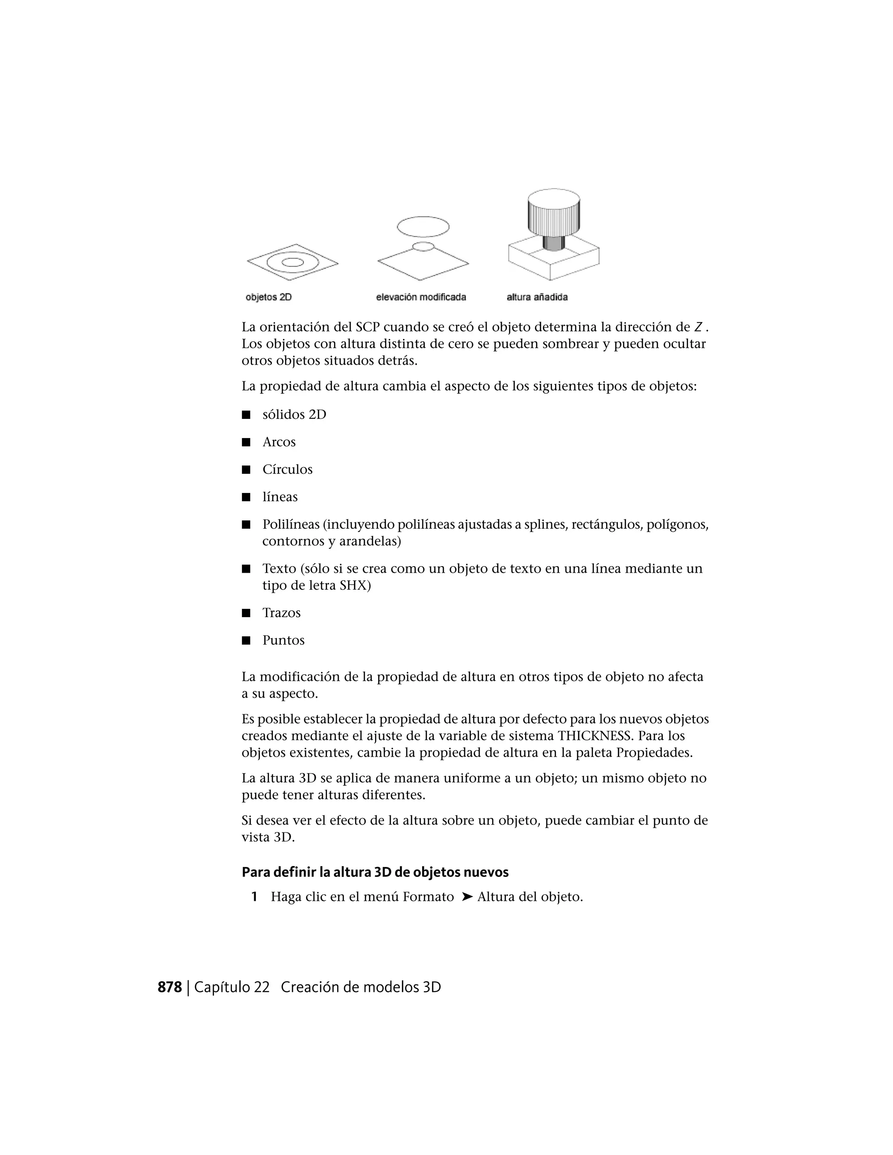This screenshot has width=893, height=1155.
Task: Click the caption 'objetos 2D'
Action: [x=268, y=297]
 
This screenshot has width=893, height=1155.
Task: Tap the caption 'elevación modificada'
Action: [x=421, y=297]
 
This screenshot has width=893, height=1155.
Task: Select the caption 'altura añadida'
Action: [x=537, y=297]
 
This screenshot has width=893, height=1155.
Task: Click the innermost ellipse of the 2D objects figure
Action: [x=293, y=262]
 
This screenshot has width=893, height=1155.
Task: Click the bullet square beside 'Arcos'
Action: [x=246, y=442]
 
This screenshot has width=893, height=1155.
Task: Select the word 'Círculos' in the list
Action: [x=287, y=469]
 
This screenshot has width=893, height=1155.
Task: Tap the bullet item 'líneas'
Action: [x=280, y=497]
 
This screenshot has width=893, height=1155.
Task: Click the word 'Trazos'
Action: [x=281, y=613]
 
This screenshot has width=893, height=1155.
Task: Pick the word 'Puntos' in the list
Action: [x=283, y=640]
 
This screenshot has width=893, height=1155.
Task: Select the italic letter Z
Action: [x=698, y=327]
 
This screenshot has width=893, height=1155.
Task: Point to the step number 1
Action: [x=255, y=897]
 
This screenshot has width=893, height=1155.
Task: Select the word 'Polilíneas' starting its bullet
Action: [x=291, y=525]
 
